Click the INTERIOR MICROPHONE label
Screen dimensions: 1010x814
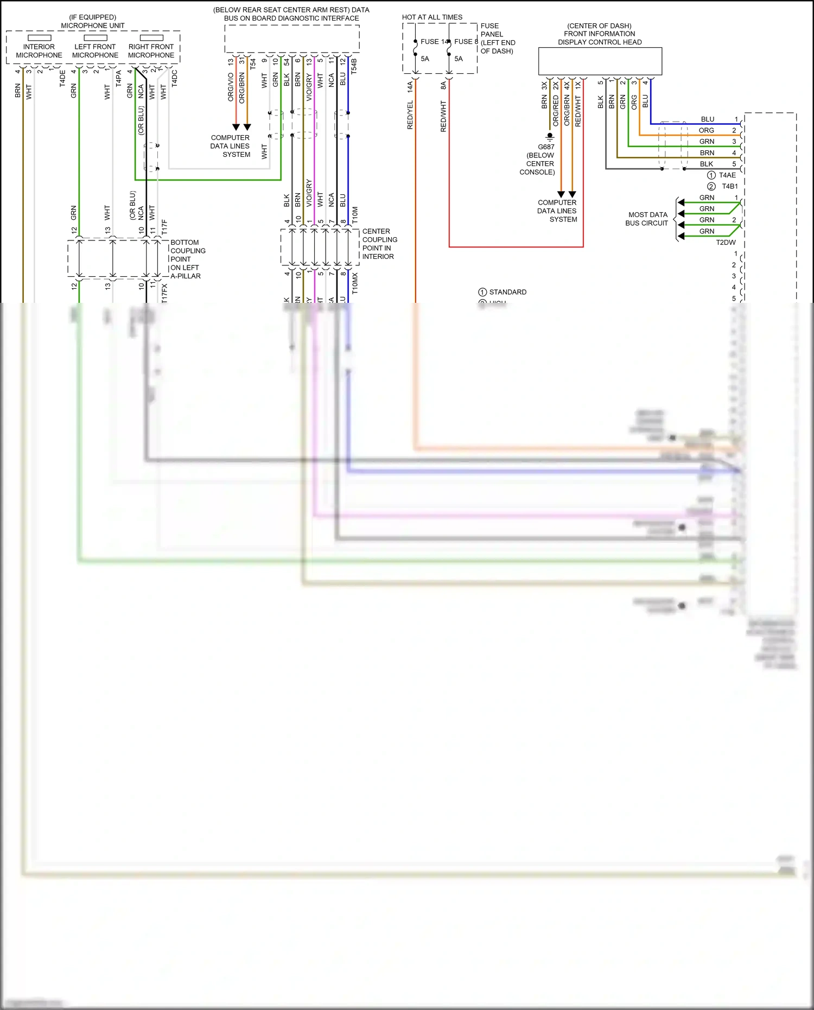pos(39,51)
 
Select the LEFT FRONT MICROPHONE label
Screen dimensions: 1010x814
pos(95,51)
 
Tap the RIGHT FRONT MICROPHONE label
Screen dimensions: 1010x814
pos(151,51)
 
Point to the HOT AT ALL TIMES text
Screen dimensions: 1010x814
pos(432,17)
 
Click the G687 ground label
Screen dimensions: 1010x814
pos(546,147)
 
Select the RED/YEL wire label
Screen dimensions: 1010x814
pos(410,115)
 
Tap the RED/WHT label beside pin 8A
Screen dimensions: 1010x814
pos(443,116)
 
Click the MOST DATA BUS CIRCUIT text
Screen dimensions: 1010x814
pos(647,219)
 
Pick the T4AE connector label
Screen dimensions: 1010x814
pos(727,175)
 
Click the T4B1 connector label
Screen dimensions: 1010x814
pos(729,186)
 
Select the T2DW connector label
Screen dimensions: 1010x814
pos(726,243)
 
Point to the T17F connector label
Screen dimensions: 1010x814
pos(164,227)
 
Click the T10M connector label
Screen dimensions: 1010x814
pos(355,214)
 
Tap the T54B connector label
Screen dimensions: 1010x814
pos(354,66)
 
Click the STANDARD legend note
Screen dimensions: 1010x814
pos(507,292)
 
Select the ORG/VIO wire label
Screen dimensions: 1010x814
pos(231,87)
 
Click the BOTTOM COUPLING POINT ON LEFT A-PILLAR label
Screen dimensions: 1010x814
pos(187,259)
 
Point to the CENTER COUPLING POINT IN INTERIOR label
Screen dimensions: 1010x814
pos(379,244)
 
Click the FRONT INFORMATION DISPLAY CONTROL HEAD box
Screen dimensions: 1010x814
pos(600,61)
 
